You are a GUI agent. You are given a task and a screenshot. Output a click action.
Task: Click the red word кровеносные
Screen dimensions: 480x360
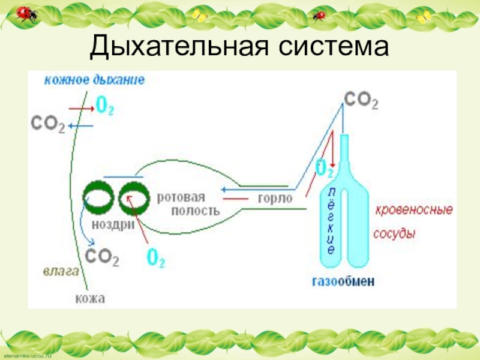point(414,211)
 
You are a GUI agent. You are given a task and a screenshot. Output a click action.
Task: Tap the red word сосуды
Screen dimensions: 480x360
point(395,233)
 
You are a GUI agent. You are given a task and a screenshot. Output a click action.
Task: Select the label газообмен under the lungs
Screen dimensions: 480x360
point(347,280)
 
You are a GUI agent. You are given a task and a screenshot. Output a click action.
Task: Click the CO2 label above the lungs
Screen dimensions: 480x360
point(361,100)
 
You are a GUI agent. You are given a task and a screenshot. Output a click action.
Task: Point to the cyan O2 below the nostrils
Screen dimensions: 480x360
point(156,259)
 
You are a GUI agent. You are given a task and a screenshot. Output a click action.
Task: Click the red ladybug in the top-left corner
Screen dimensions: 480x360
point(25,13)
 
